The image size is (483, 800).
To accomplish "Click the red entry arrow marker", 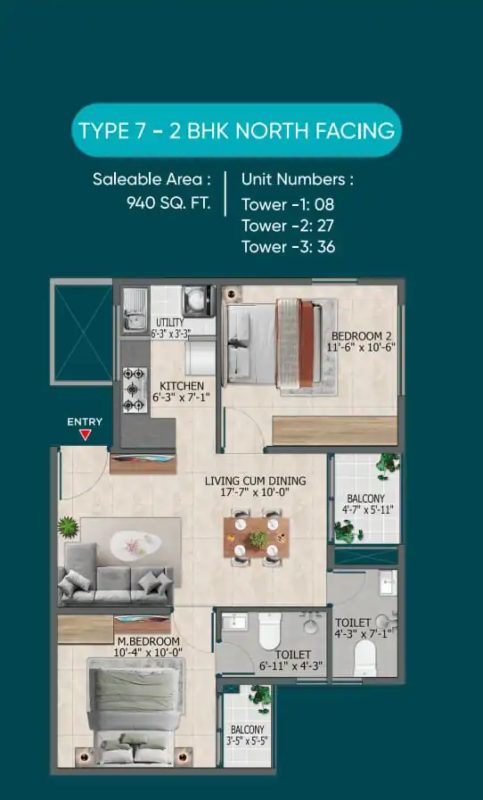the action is (86, 434).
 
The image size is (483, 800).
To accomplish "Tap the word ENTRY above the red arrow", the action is (85, 422).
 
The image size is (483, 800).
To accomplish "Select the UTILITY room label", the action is (170, 323).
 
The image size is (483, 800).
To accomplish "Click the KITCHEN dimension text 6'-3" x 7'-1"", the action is (182, 396).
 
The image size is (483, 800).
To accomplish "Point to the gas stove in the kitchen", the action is (135, 390).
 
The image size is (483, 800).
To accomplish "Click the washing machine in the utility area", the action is (199, 301).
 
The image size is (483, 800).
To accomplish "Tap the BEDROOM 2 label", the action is (361, 336).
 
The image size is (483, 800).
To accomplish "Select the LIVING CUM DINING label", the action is (256, 481).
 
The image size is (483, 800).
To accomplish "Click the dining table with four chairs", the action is (257, 537).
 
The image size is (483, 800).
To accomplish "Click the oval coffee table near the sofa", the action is (135, 544).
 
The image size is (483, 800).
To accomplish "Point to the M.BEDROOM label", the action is (149, 641).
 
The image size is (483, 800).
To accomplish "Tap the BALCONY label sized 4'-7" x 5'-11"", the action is (365, 499).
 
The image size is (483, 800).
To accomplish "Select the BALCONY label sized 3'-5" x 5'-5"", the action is (248, 730).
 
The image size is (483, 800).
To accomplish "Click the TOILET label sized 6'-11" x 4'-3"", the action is (293, 655).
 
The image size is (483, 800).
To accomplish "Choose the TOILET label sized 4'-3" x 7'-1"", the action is (352, 623).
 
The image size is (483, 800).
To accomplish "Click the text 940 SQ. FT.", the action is (168, 203).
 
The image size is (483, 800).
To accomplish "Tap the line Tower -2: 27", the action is (288, 226).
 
